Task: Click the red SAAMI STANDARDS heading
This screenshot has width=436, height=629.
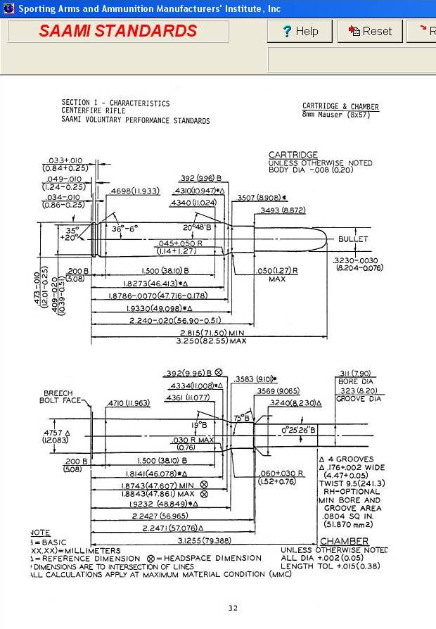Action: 118,31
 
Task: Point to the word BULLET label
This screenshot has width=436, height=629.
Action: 353,239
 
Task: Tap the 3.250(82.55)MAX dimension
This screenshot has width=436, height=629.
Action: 211,341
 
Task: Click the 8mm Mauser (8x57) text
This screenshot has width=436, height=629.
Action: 340,114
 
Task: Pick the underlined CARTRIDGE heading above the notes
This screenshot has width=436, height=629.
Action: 293,155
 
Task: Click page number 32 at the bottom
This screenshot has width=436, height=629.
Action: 233,608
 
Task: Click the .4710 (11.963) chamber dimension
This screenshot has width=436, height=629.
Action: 129,403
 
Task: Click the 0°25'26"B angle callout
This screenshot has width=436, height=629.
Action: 299,429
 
